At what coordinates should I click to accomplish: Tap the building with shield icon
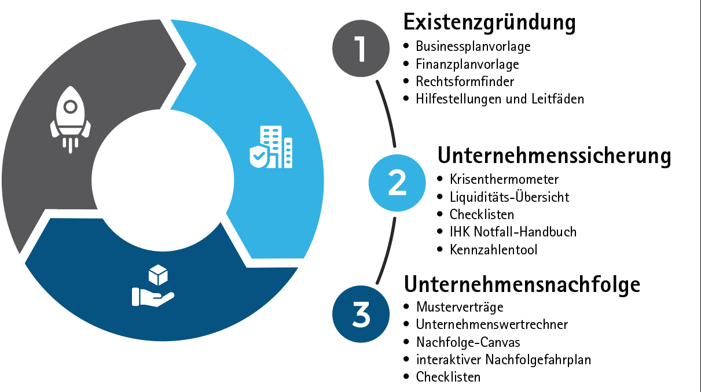[271, 147]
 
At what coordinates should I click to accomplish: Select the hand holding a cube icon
[153, 286]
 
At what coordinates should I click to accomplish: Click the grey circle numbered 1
[361, 49]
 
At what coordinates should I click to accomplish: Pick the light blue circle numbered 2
[397, 183]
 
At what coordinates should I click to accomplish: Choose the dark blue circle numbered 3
[361, 314]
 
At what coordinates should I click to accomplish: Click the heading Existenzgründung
[490, 23]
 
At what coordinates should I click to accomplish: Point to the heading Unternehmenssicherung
[554, 156]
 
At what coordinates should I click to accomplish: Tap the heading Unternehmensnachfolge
[522, 284]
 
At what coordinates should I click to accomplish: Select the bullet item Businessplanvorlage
[473, 47]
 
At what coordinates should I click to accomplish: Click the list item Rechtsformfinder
[465, 82]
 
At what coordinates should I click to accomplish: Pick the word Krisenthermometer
[504, 179]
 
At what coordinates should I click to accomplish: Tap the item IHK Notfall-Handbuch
[513, 232]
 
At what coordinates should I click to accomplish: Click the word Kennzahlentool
[494, 250]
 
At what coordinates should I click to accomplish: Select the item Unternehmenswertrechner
[492, 324]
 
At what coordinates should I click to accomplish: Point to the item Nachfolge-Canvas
[468, 342]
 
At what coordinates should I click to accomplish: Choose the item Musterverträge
[460, 307]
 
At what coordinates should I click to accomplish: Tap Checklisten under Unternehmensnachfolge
[448, 377]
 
